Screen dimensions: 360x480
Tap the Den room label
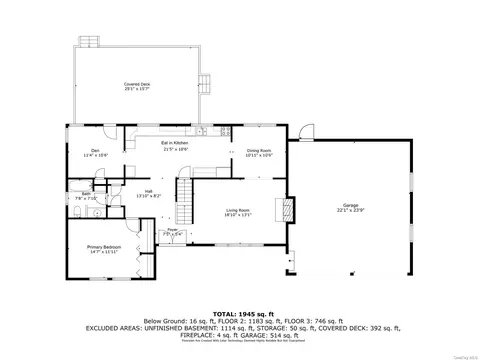click(x=87, y=153)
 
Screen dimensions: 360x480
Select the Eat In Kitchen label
click(x=175, y=147)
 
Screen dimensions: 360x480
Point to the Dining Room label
click(x=260, y=153)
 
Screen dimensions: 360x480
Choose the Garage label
click(x=349, y=210)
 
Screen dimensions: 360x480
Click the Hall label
click(x=148, y=193)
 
